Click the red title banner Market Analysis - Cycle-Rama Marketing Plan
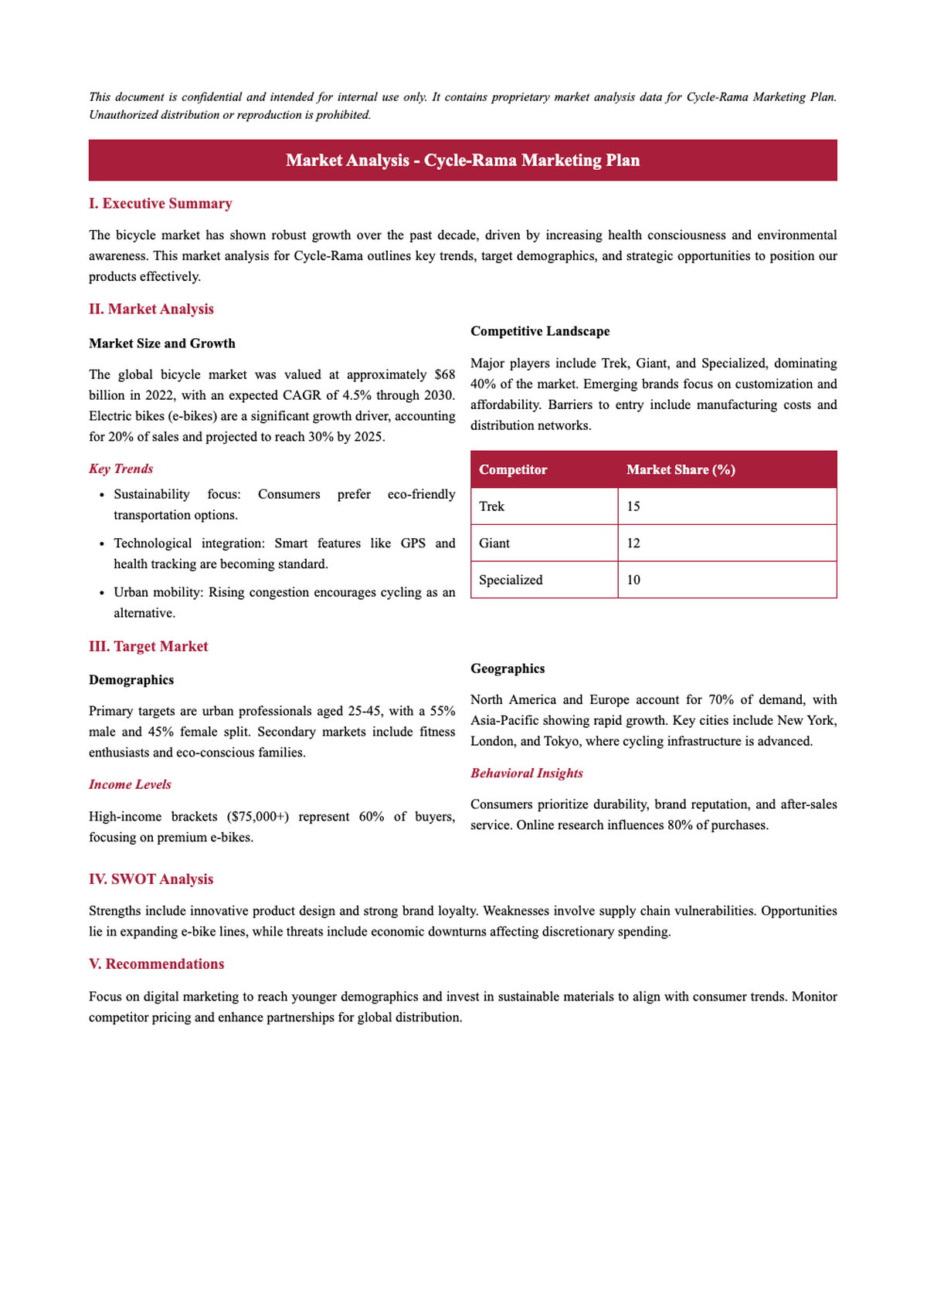point(463,161)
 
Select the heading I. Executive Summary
point(160,204)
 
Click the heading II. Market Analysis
point(151,310)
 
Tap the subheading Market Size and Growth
point(161,344)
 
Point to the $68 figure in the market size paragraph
point(444,375)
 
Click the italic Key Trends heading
point(121,469)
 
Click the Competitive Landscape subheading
point(539,331)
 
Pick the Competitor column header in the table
point(512,470)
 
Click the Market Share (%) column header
point(680,470)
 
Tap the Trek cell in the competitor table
point(491,506)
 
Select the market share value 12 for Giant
point(633,543)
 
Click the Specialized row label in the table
point(510,580)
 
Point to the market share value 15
point(633,506)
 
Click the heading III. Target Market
point(148,647)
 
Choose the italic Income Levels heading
point(130,785)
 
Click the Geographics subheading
point(507,669)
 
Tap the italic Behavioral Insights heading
point(526,773)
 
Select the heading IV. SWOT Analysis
point(151,880)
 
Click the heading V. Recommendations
point(156,964)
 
